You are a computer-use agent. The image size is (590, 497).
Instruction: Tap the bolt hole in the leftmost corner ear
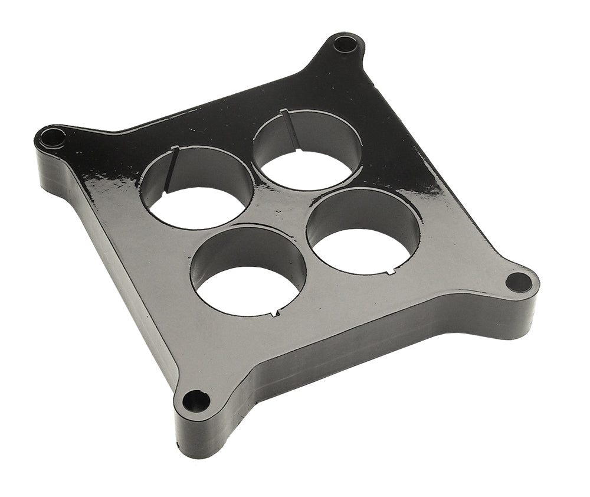(53, 138)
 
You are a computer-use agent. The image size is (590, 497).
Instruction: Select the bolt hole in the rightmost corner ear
(519, 282)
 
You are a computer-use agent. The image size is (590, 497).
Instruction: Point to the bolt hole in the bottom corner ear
(196, 402)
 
